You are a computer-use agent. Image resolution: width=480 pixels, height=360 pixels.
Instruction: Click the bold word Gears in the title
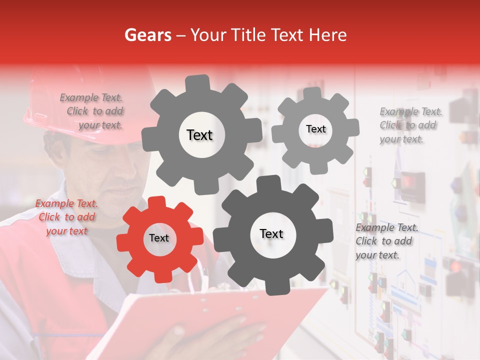(x=147, y=35)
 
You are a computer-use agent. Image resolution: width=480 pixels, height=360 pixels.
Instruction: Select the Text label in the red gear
(x=159, y=238)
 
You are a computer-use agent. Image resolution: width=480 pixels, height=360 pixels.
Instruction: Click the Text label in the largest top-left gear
(x=199, y=135)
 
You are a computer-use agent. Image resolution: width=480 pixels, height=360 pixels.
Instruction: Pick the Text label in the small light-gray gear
(x=315, y=129)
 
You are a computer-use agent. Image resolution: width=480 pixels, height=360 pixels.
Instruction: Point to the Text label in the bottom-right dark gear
(x=271, y=234)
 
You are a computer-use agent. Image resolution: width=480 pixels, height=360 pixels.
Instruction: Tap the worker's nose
(x=131, y=172)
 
